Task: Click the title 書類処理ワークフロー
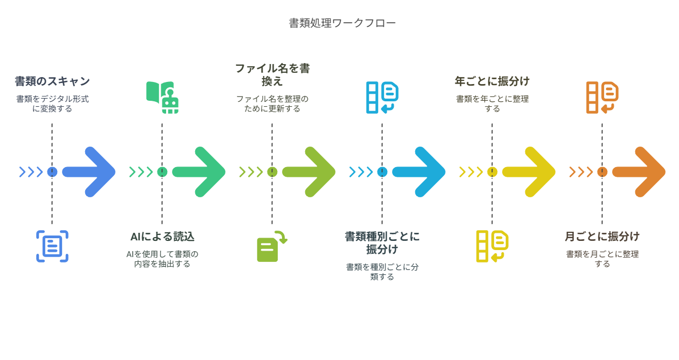342,23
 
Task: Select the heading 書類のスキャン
52,81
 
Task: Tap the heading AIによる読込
162,237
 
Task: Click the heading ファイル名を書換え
272,75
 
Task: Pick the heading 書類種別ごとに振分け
382,243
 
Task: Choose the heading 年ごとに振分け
492,81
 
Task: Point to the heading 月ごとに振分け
602,237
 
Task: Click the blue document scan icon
52,246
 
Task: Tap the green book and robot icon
162,97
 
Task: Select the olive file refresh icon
271,247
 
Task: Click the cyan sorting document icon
382,98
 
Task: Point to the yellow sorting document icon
492,246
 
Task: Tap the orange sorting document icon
602,98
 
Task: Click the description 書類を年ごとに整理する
492,103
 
